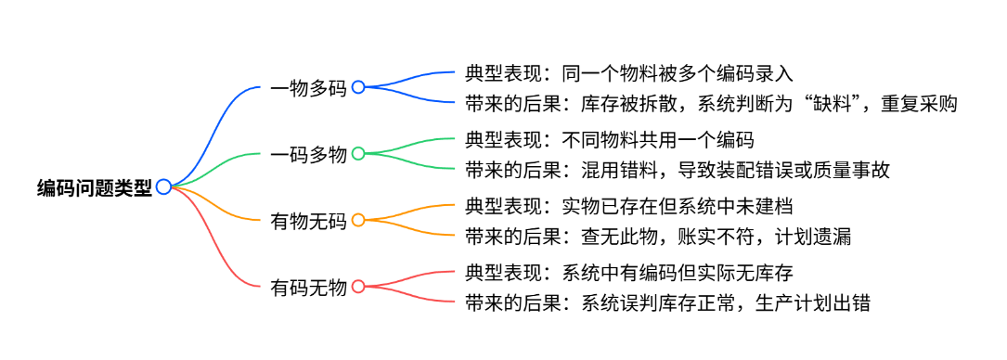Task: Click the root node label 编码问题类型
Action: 95,186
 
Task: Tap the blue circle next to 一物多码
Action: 358,87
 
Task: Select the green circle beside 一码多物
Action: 358,153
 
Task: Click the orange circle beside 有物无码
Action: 358,220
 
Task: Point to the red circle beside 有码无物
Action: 358,286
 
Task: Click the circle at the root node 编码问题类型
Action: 163,186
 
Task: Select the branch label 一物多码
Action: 309,88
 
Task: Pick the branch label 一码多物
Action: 309,154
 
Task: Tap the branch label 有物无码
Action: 309,221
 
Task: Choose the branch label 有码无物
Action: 309,287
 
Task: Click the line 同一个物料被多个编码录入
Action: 678,73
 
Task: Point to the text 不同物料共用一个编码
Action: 658,139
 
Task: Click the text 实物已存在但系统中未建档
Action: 678,206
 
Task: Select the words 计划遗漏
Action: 813,237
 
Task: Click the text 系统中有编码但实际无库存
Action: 678,272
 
